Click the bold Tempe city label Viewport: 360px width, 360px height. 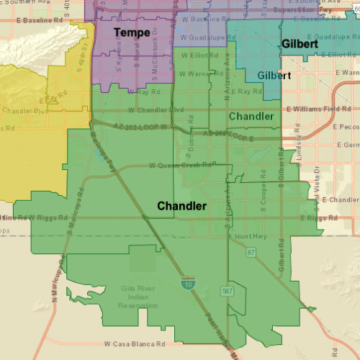coord(132,32)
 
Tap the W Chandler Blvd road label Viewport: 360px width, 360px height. coord(156,110)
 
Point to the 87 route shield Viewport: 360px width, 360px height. coord(251,251)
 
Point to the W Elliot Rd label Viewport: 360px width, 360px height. coord(197,55)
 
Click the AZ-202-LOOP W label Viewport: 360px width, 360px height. coord(147,126)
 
